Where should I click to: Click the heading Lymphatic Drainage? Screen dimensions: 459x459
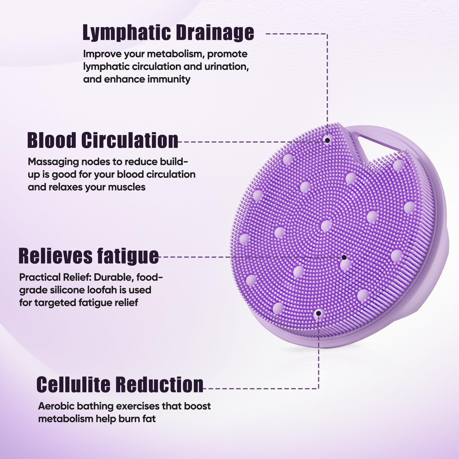[x=168, y=33]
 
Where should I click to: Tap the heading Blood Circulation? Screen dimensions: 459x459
[x=103, y=140]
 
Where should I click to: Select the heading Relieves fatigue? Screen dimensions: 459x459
[x=88, y=256]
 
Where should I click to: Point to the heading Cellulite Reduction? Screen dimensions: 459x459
[x=120, y=384]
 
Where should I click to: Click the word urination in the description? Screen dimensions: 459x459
[x=225, y=67]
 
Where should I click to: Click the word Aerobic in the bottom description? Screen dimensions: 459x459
[x=56, y=406]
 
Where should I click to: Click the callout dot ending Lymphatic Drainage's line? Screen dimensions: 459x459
[x=327, y=140]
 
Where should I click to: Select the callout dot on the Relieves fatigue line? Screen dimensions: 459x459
[x=344, y=258]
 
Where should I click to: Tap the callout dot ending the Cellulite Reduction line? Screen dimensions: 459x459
[x=318, y=314]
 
